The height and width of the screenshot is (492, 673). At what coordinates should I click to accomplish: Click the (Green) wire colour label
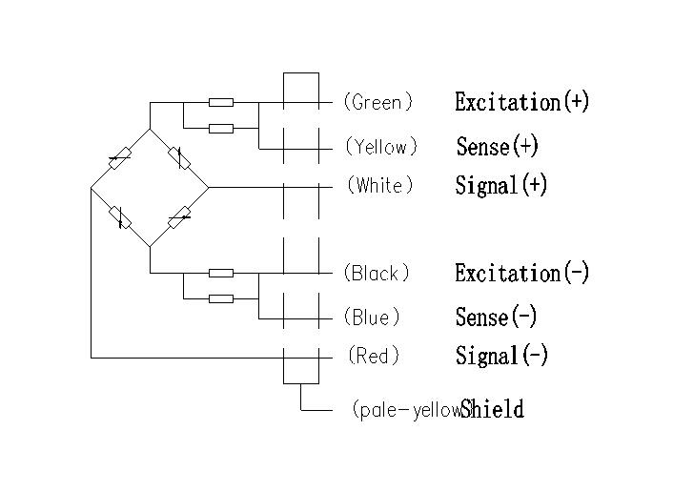pos(378,101)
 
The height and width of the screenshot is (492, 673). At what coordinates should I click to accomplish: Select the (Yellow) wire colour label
pos(381,147)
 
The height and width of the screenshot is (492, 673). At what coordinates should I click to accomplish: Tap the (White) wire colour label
pos(380,185)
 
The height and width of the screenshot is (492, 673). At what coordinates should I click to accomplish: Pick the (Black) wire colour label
pos(377,274)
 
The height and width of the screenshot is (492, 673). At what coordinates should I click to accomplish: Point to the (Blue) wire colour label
pos(373,317)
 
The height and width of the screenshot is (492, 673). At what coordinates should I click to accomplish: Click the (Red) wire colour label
pos(374,356)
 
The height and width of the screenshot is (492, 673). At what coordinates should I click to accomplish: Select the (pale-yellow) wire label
pos(406,410)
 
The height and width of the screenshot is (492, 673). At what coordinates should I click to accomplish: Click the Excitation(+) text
pos(521,101)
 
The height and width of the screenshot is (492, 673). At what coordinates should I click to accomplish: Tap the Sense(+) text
pos(497,147)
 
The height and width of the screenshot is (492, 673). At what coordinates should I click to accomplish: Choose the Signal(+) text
pos(501,185)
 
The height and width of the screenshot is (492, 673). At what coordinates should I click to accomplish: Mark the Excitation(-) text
pos(521,274)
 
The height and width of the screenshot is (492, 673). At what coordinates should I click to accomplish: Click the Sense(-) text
pos(496,317)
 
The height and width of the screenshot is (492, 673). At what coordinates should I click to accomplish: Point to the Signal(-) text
pos(501,356)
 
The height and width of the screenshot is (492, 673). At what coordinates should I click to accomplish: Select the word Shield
pos(492,410)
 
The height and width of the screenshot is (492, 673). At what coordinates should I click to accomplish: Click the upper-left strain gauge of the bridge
pos(120,158)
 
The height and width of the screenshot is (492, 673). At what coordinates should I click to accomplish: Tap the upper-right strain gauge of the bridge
pos(178,157)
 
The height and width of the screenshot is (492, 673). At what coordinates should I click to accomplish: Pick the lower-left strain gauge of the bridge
pos(120,217)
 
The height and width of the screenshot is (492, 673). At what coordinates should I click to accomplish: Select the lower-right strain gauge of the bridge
pos(178,218)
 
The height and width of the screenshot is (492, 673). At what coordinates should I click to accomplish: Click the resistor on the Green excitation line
pos(221,102)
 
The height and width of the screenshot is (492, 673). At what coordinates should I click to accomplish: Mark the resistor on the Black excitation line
pos(221,273)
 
